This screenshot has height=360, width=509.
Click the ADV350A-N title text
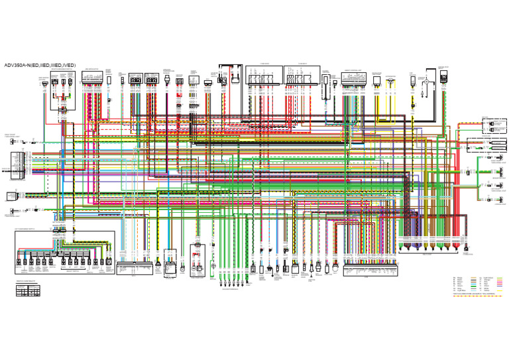(40, 66)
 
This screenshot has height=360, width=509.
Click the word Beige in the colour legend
(460, 278)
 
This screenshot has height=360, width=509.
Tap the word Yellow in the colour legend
(486, 290)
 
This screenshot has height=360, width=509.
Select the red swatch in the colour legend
(500, 284)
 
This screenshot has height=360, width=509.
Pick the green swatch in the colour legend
(473, 286)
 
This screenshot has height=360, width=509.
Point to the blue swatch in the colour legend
(473, 284)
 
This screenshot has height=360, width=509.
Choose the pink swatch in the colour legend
(500, 282)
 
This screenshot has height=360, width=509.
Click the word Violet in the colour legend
(486, 286)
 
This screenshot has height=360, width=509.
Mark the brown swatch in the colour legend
(473, 282)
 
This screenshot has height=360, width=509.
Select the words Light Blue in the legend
(461, 290)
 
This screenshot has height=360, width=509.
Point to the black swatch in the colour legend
(473, 280)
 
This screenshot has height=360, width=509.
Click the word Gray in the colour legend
(459, 288)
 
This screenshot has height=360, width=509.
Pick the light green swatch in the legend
(500, 278)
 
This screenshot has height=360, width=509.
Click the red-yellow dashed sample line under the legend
(477, 296)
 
